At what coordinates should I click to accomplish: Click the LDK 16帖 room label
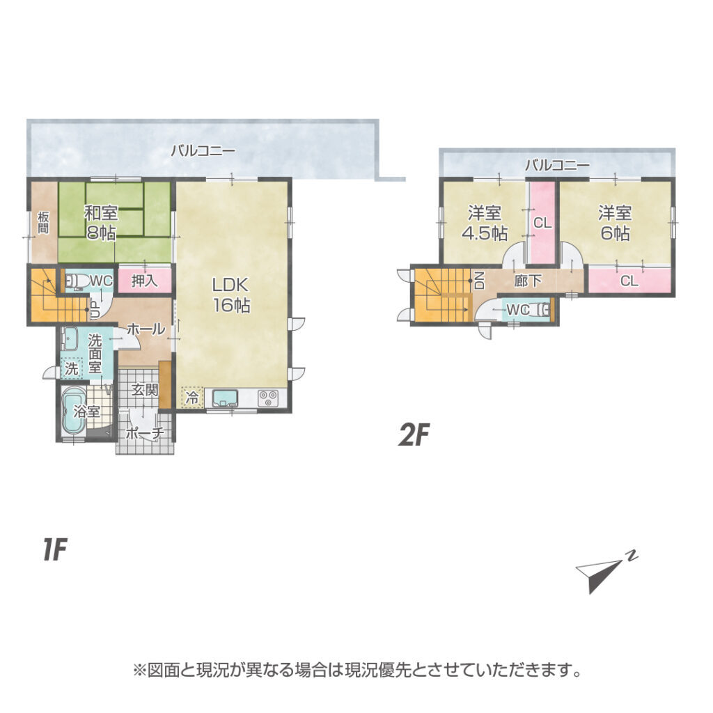(x=231, y=295)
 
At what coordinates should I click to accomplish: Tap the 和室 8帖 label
(x=101, y=222)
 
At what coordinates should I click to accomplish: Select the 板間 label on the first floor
(x=42, y=222)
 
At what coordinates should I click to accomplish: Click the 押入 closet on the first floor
(x=145, y=281)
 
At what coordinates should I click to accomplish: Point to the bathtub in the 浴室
(x=73, y=411)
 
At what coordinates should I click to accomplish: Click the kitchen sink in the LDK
(x=226, y=398)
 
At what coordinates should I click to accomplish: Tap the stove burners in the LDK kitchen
(x=267, y=398)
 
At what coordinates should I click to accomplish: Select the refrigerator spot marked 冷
(x=192, y=398)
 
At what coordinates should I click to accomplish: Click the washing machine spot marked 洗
(x=72, y=368)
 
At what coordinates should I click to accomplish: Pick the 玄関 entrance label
(x=145, y=390)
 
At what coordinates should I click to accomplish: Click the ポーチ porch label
(x=144, y=433)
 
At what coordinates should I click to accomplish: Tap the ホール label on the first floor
(x=146, y=329)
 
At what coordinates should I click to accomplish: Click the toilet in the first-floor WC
(x=75, y=281)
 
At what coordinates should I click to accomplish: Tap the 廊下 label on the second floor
(x=528, y=281)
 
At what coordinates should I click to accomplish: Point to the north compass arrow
(x=600, y=574)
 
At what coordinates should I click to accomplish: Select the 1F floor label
(x=55, y=549)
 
